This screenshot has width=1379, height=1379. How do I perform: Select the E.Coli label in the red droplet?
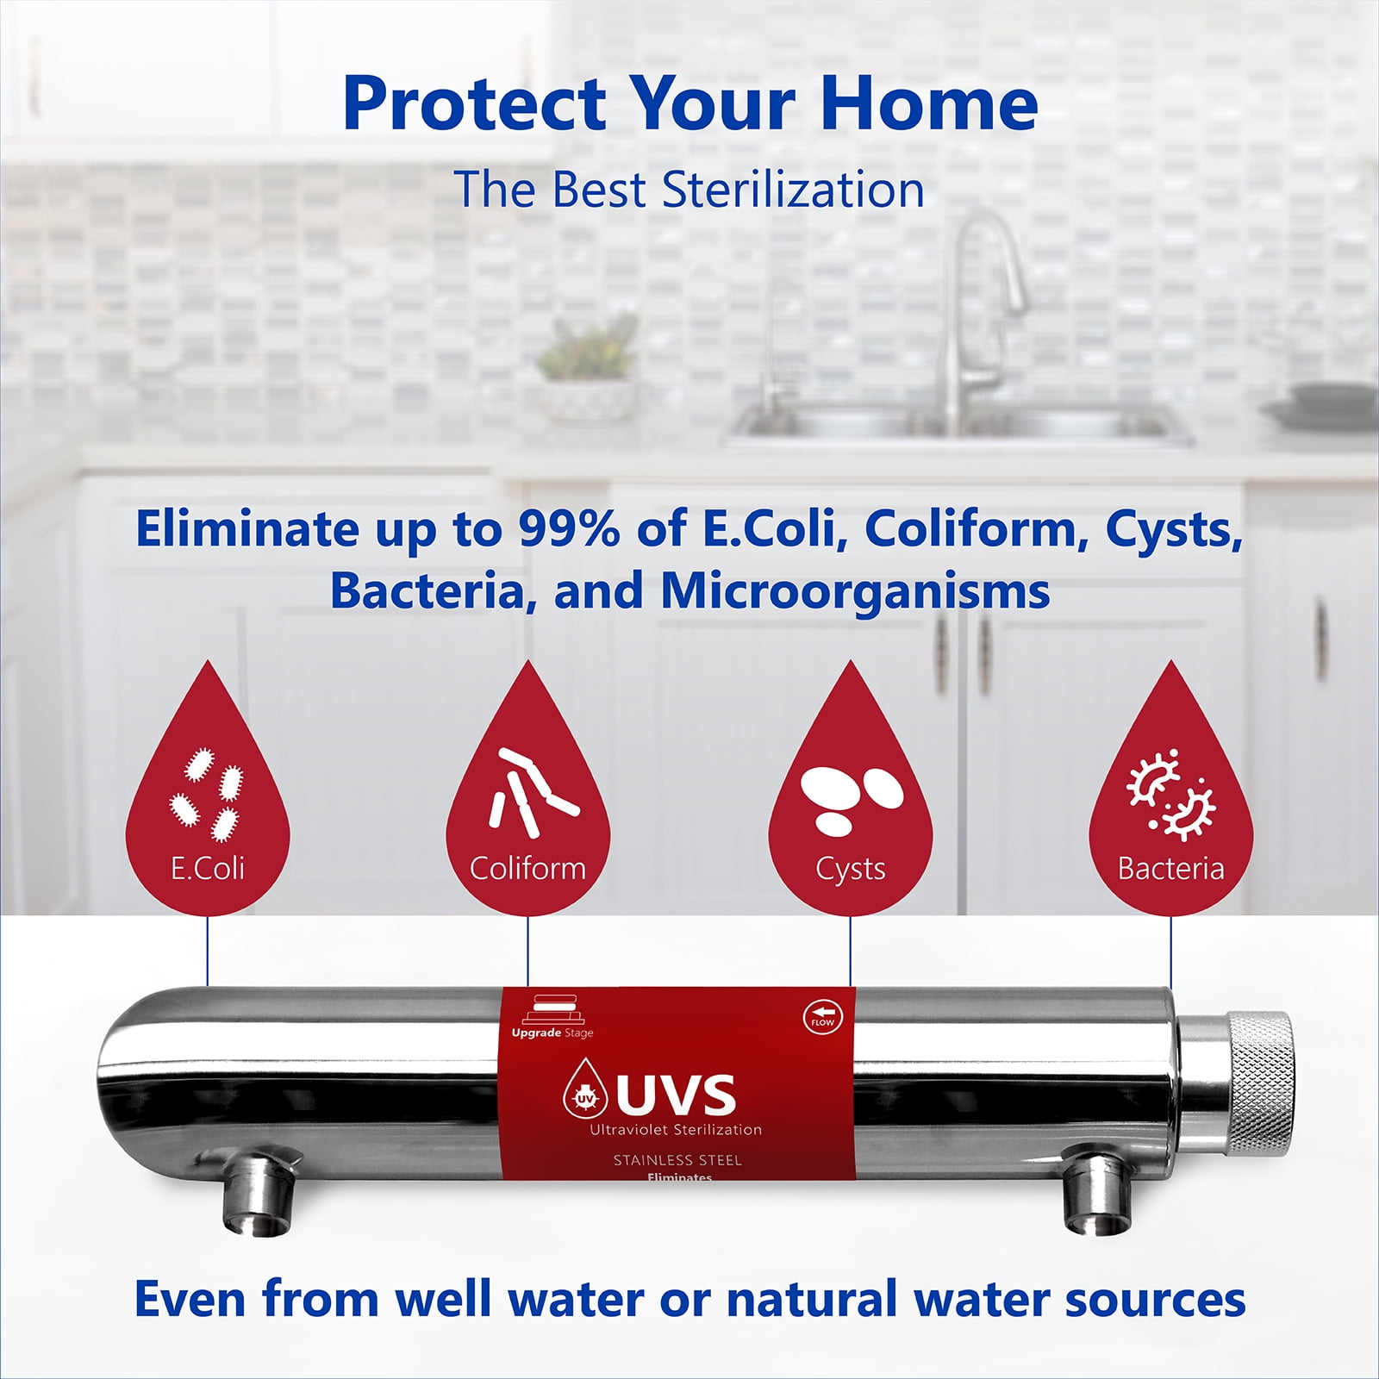[x=208, y=868]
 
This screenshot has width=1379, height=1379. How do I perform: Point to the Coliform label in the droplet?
[x=527, y=868]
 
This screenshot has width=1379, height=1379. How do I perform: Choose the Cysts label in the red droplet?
[x=851, y=869]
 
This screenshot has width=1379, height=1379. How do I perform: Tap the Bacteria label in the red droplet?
[x=1170, y=868]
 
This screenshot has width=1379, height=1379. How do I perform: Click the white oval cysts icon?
[x=850, y=798]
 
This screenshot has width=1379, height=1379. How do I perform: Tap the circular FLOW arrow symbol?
[x=821, y=1017]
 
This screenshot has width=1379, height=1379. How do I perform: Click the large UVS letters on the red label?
[x=676, y=1095]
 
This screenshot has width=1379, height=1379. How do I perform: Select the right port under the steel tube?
[x=1095, y=1194]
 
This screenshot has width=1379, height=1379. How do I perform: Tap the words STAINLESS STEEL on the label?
[x=677, y=1160]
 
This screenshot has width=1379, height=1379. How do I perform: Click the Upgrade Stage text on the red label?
[x=552, y=1033]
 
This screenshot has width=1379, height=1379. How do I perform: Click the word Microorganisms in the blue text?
[x=855, y=591]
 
